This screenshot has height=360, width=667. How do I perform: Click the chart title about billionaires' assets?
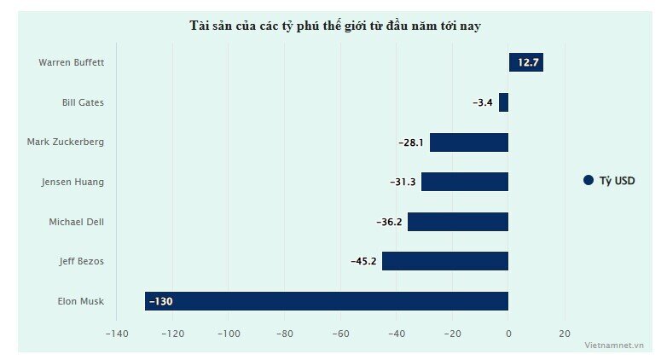[335, 26]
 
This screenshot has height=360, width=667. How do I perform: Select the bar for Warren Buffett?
[525, 62]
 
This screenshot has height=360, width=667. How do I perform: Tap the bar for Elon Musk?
[327, 301]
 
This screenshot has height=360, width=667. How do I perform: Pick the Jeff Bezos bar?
[444, 261]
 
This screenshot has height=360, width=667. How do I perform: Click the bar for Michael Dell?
[457, 222]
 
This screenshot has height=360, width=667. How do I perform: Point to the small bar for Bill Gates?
[503, 102]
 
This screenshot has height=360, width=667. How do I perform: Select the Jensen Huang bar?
[464, 182]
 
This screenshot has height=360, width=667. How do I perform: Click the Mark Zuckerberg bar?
[468, 142]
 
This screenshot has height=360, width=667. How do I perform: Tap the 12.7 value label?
[529, 62]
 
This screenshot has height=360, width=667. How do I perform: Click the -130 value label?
[160, 301]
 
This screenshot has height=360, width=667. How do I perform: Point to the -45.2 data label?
[363, 261]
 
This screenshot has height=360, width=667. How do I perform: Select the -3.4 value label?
[483, 102]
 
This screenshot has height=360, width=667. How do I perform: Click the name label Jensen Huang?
[72, 182]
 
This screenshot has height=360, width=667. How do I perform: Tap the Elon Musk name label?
[80, 301]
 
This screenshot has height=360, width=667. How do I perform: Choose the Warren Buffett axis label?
[71, 62]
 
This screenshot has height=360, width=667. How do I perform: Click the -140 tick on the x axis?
[117, 334]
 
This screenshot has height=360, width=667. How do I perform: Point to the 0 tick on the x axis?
[508, 334]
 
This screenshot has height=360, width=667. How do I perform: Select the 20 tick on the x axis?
[564, 334]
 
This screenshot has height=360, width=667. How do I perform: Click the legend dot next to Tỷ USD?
[588, 181]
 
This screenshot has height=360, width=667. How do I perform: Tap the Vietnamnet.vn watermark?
[614, 345]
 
